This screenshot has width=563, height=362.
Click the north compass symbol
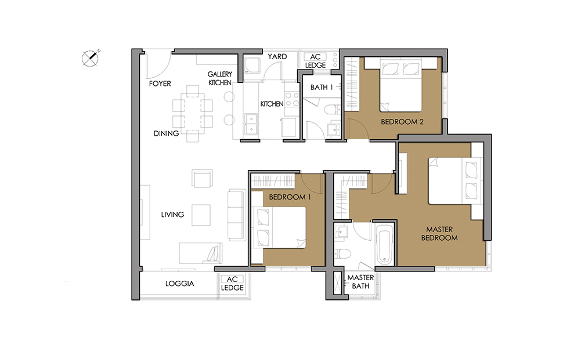coord(90,58)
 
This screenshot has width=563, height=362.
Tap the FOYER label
coord(160,84)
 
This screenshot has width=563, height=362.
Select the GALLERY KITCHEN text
coord(220,78)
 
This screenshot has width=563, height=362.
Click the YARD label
coord(277,57)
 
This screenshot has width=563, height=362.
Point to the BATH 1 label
coord(322,87)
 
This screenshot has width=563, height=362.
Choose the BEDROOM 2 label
coord(402,122)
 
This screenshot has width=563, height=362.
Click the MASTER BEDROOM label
coord(439,234)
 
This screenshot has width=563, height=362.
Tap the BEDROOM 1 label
coord(290,197)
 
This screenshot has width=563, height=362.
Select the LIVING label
coord(172,215)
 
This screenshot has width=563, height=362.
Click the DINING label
coord(166,133)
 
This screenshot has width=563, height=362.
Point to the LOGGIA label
coord(179,284)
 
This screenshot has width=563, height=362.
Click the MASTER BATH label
coord(360,282)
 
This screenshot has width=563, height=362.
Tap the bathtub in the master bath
coord(384,245)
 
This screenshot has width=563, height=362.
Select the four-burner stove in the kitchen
coord(292,99)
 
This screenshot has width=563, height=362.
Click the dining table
coord(193,113)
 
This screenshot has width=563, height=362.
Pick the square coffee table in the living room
coord(201,215)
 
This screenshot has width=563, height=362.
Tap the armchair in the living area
coord(202,178)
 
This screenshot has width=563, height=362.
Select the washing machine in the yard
coord(252,66)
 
